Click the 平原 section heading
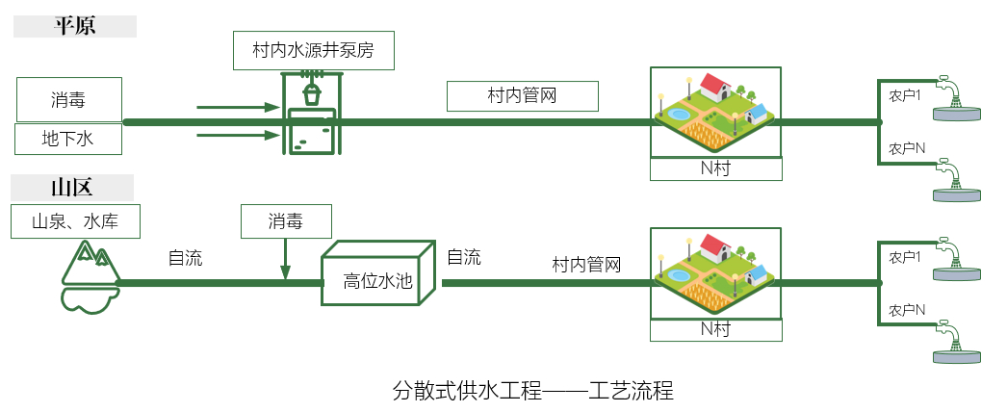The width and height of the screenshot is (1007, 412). pos(75,25)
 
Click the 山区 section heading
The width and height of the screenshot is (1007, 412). pos(75,186)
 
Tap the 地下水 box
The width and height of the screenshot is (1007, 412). pos(68,140)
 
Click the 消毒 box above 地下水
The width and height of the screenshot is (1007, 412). pos(68,100)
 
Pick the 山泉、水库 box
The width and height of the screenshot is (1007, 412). pos(76,221)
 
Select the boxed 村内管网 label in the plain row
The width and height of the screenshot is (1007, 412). pos(523,96)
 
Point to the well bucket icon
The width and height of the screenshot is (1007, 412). pos(312,94)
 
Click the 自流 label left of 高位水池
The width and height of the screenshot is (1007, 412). pos(185,258)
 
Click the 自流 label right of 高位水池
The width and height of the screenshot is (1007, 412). pos(463,257)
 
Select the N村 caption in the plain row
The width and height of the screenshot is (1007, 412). pos(714,168)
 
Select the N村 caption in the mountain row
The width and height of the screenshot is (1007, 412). pos(714,329)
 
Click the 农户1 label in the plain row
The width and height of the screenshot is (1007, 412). pos(905,96)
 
